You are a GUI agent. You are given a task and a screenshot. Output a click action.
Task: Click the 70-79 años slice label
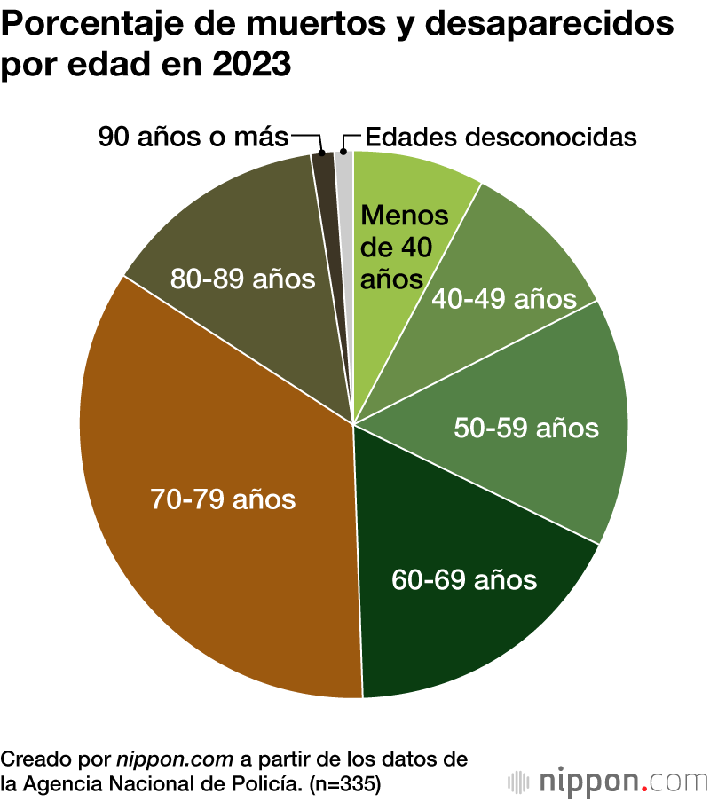point(223,499)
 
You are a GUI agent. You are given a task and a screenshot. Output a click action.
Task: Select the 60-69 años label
point(464,579)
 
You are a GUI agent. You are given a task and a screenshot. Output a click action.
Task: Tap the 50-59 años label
point(526,428)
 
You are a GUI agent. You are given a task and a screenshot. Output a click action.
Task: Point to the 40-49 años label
point(503,299)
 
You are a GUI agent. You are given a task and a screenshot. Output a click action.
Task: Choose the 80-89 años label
point(242,279)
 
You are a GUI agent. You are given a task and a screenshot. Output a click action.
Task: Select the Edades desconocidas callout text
point(501,137)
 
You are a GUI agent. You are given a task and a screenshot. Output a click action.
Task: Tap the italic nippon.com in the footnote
point(175,759)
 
